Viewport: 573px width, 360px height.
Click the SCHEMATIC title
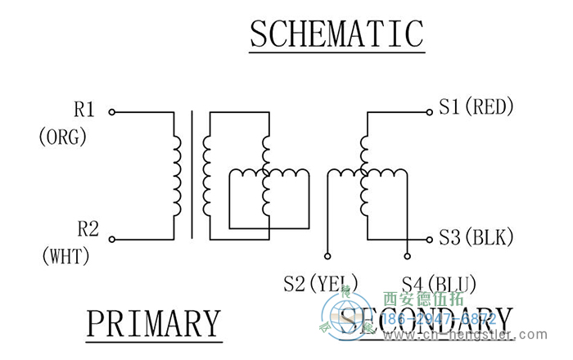pos(336,34)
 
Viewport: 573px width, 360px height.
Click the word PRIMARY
pos(154,323)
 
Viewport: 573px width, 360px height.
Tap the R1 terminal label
pos(84,110)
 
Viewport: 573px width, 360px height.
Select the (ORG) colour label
pos(62,137)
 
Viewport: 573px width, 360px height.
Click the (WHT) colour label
pos(65,256)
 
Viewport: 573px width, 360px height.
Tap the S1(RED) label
pos(476,106)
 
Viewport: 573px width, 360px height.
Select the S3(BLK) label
pos(476,238)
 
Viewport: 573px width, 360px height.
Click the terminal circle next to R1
pos(112,111)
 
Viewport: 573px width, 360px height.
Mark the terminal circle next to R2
pos(112,240)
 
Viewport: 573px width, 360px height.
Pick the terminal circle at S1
pos(430,114)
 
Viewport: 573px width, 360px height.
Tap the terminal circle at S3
pos(430,239)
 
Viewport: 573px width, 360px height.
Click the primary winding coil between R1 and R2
pos(176,176)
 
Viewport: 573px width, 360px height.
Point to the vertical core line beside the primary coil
pos(192,176)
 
